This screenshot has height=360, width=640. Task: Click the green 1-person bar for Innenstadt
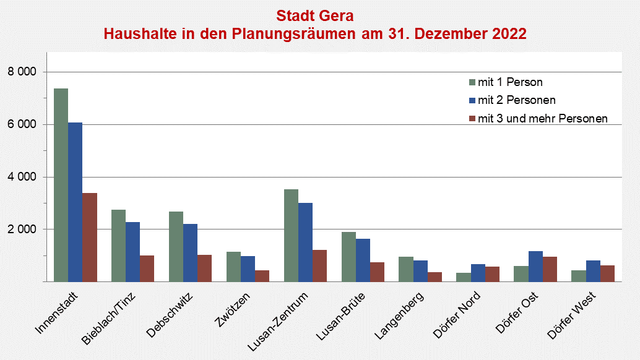[x=61, y=185]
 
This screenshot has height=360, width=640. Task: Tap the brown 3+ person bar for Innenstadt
[x=90, y=238]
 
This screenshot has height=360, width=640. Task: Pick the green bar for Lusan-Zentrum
[x=291, y=235]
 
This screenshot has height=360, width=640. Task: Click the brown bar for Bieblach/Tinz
[x=147, y=268]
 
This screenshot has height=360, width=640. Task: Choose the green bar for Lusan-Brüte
[x=348, y=257]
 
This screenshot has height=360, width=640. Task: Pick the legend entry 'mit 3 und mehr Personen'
[x=538, y=118]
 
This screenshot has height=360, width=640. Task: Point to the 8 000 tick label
[x=22, y=72]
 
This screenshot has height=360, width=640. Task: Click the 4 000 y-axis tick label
[x=22, y=177]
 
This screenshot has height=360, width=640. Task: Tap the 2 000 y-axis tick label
[x=22, y=229]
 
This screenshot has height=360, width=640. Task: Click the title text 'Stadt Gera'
[x=315, y=15]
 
